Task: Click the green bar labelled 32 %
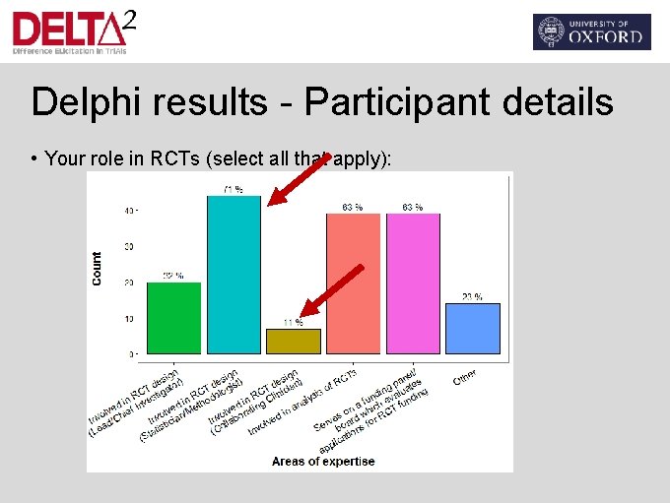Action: [173, 317]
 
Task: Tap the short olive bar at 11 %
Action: [294, 341]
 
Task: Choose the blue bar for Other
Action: [473, 328]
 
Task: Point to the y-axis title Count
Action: [97, 269]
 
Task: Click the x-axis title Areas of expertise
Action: [323, 461]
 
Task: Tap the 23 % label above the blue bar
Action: [473, 296]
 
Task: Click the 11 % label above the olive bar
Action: [294, 322]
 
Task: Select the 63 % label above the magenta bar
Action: [413, 207]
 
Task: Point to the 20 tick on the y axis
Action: [129, 283]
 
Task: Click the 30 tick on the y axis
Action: [129, 246]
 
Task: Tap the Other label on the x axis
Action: [465, 378]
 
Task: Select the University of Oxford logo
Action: [591, 31]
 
